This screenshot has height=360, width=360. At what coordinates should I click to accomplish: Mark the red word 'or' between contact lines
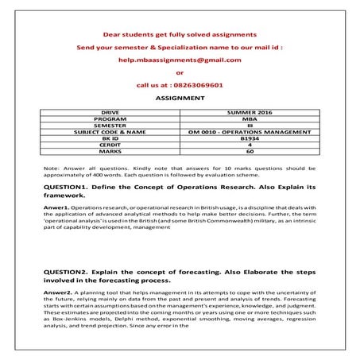179,72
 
